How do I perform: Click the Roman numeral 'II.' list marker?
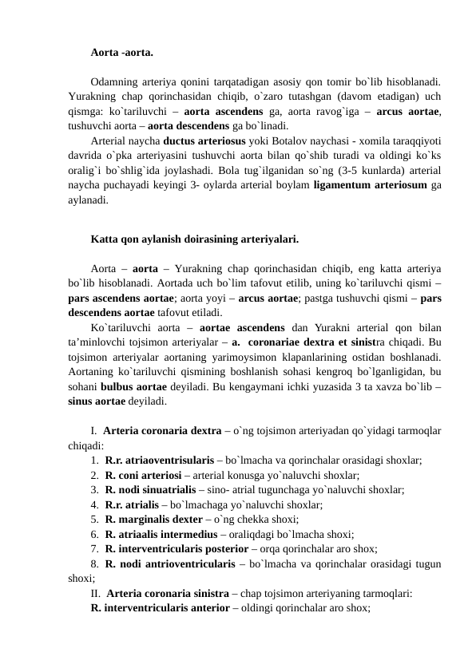[96, 593]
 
